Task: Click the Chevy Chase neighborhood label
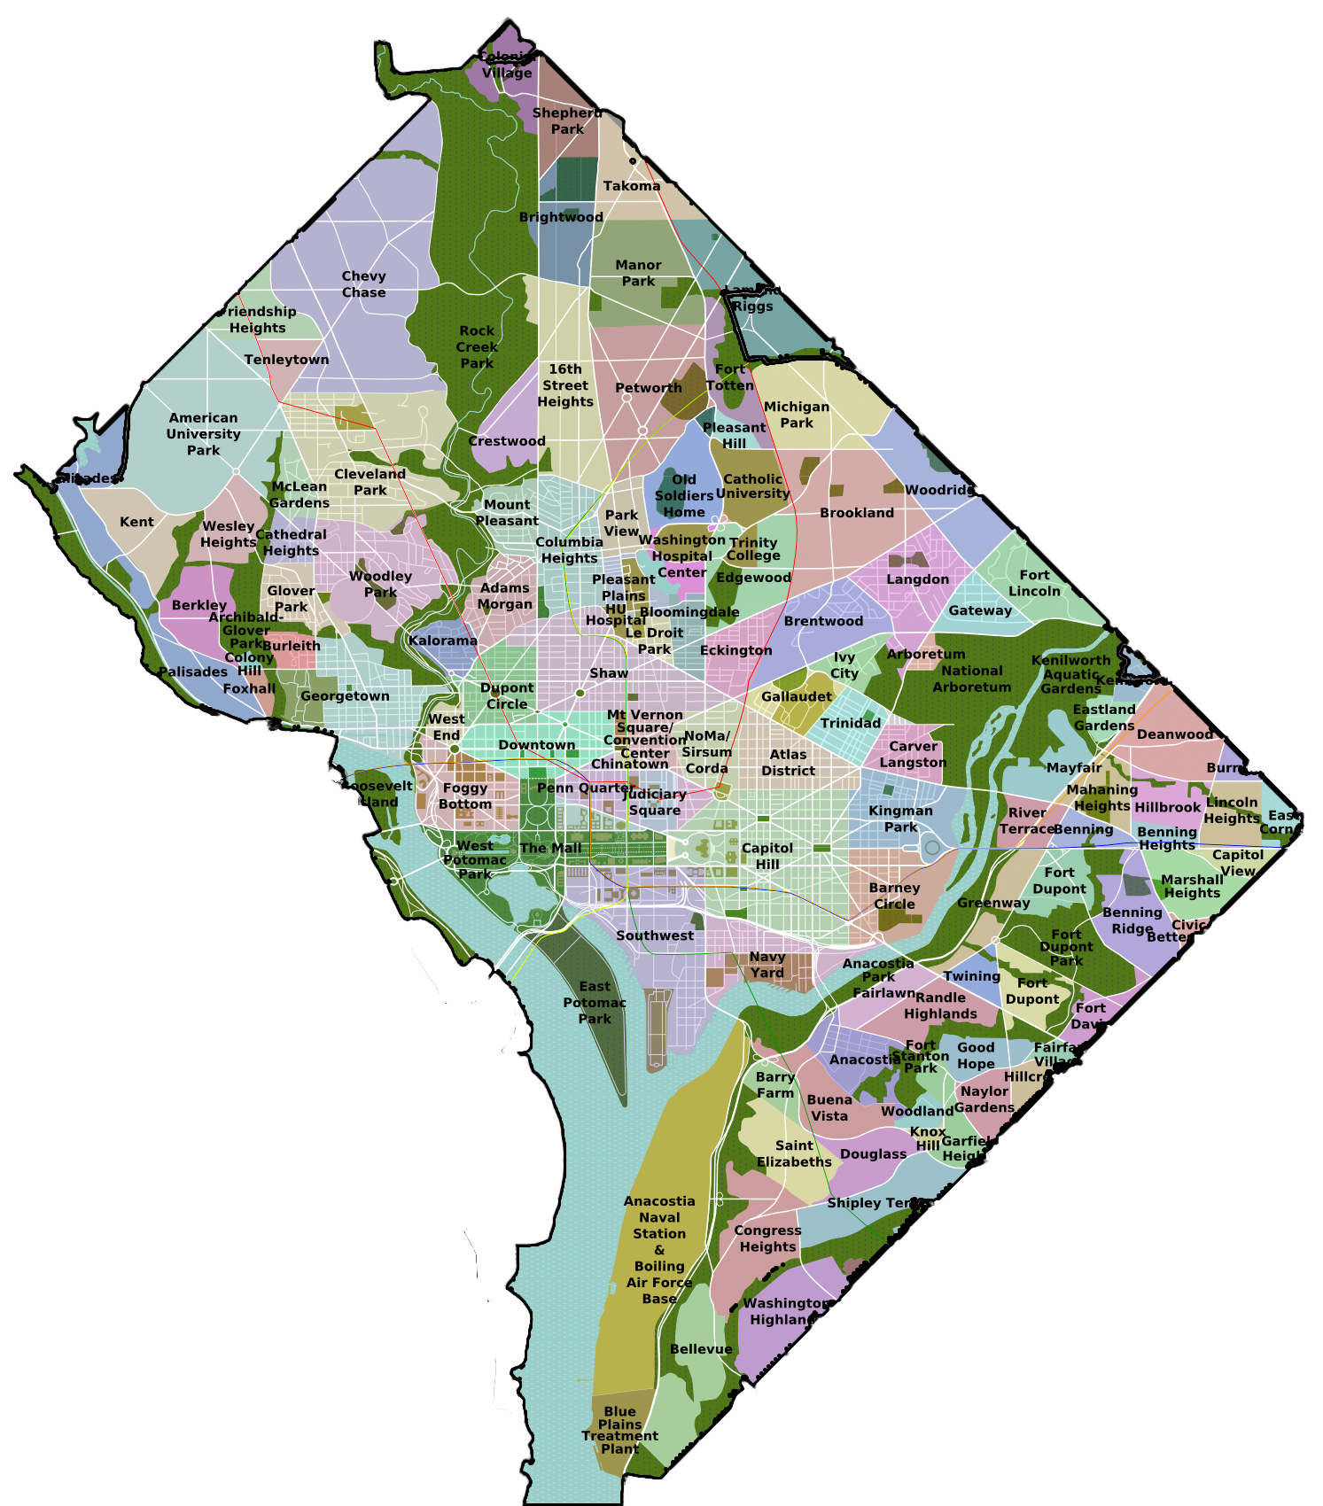(363, 284)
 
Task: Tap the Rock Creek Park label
(477, 346)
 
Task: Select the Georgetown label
(345, 696)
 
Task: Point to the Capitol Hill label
(767, 856)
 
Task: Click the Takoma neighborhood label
(632, 186)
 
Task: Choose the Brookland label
(856, 513)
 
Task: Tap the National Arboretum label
(971, 679)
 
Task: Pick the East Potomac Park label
(595, 1002)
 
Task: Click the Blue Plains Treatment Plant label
(620, 1430)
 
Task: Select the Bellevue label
(701, 1349)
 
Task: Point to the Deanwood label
(1175, 734)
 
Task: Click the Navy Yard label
(767, 965)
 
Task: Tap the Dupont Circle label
(507, 695)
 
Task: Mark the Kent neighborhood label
(136, 522)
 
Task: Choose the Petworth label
(649, 388)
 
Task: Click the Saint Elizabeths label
(794, 1153)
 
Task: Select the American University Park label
(203, 434)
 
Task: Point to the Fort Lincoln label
(1034, 583)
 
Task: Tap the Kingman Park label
(900, 819)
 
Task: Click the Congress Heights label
(767, 1238)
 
